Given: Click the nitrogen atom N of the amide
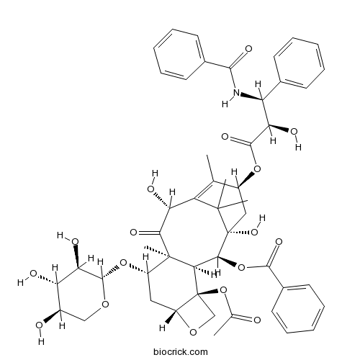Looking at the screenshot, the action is point(237,92).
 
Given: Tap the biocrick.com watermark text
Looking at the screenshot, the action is point(181,352).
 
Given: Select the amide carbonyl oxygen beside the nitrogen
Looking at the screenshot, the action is point(248,49).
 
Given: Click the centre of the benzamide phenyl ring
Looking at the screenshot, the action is point(179,54).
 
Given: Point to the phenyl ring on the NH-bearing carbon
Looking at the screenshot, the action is point(300,63).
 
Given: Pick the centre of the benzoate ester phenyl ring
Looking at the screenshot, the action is point(298,309).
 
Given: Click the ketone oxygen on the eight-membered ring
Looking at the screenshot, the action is point(133,233).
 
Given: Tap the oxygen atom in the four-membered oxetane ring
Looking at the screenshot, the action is point(193,332).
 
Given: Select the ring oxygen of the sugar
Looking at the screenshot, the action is point(105,304).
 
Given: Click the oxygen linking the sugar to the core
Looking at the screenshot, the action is point(123,263).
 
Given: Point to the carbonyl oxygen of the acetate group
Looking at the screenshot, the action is point(257,320).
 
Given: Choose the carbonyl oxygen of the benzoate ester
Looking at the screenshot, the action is point(279,241).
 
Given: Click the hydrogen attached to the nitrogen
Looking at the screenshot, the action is point(225,104).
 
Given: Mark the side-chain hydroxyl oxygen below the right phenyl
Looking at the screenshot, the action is point(294,132).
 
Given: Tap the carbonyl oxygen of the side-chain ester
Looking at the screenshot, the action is point(225,137).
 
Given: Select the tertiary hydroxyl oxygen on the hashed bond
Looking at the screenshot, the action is point(254,232).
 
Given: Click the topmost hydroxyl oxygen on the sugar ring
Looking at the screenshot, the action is point(75,241).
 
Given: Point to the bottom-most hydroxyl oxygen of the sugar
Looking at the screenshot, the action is point(39,325).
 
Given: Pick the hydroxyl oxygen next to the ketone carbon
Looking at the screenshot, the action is point(151,189).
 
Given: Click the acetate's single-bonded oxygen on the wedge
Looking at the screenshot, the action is point(223,290).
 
